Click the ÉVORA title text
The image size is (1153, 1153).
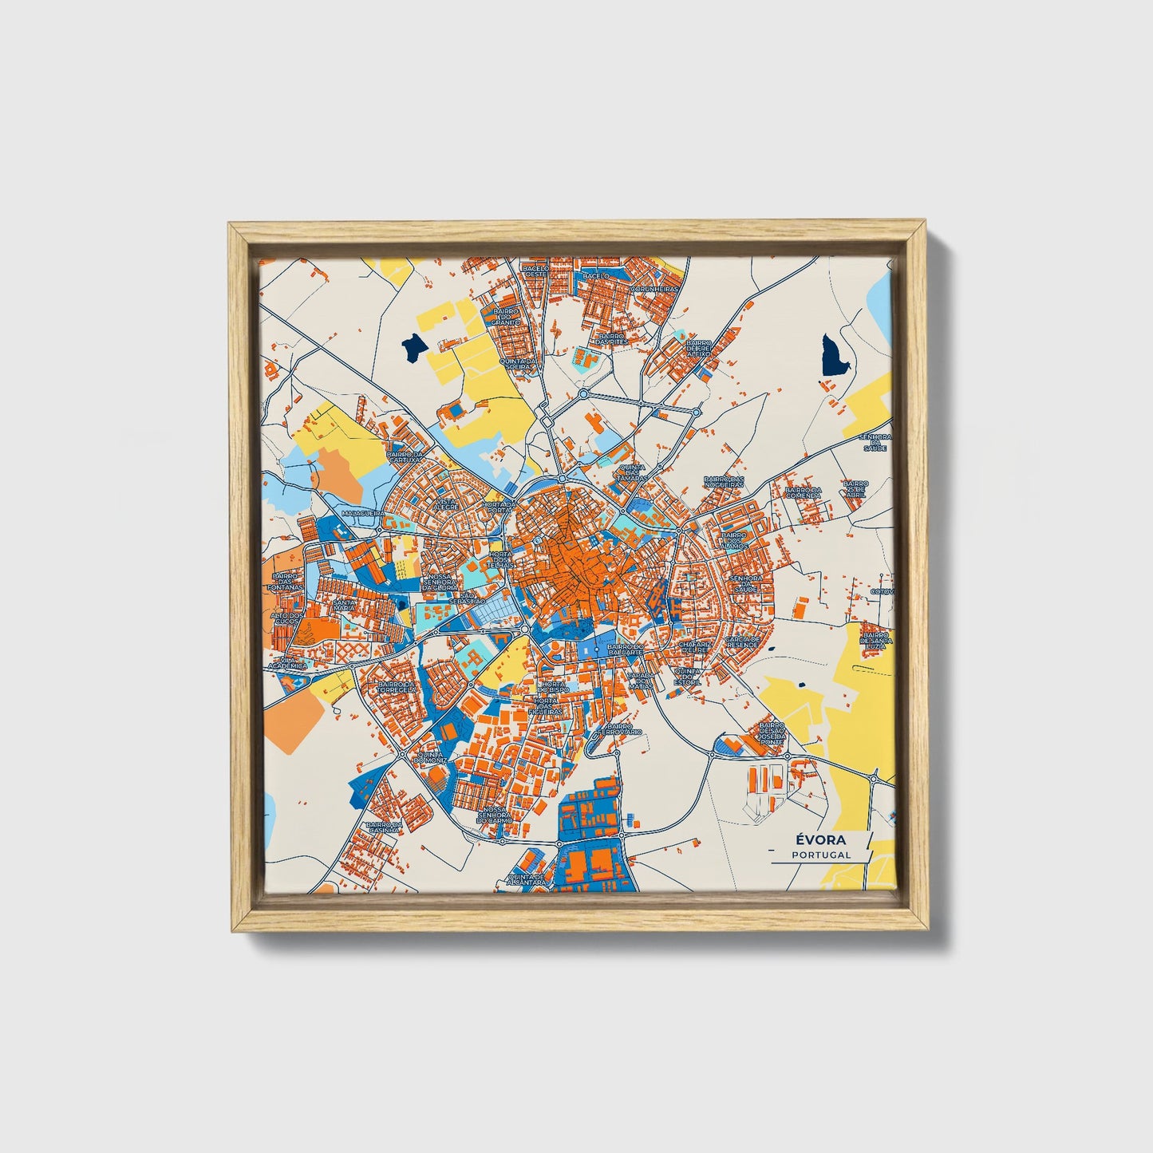click(x=821, y=840)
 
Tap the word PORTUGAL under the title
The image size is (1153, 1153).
click(x=821, y=855)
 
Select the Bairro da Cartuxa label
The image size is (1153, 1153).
click(x=405, y=458)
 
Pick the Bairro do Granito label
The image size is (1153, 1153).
click(x=507, y=317)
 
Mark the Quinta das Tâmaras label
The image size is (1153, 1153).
click(x=632, y=473)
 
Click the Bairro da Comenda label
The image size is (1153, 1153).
click(x=803, y=493)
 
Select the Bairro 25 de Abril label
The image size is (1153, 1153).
click(x=855, y=488)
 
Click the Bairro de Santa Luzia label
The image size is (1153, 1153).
click(x=875, y=640)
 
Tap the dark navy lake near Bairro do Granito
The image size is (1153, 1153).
click(x=413, y=347)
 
